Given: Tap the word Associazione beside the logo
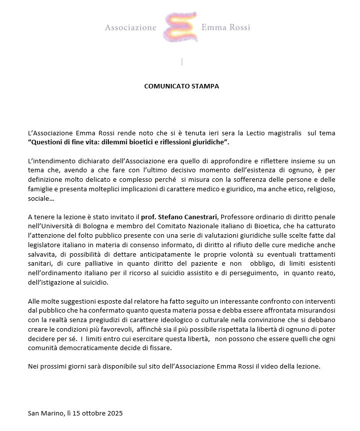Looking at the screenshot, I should tap(131, 27).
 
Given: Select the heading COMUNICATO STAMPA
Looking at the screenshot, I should tap(181, 86).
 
